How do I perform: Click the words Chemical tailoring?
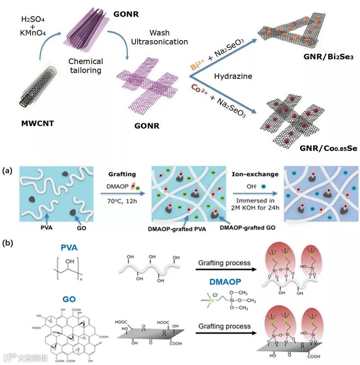click(85, 66)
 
